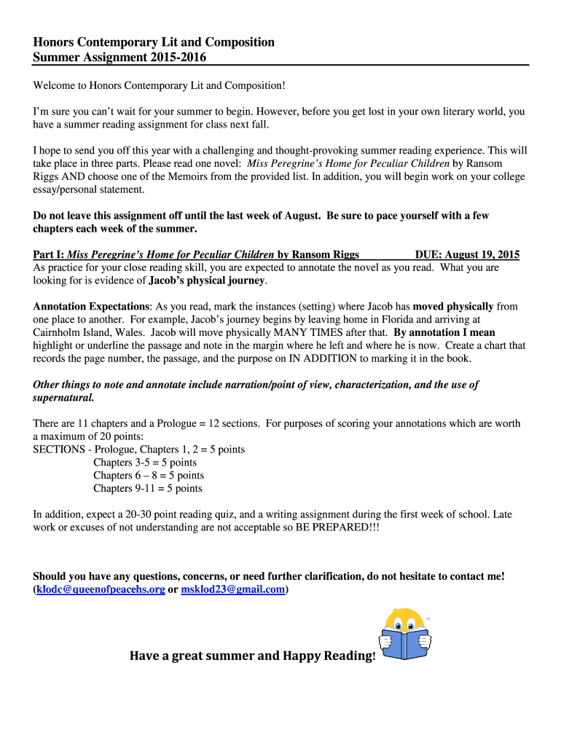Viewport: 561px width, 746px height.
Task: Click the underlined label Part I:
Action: point(49,254)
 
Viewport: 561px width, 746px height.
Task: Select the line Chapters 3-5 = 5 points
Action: point(145,462)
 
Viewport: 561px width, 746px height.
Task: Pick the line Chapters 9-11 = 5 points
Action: point(148,488)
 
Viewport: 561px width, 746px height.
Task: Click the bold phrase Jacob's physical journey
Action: point(208,280)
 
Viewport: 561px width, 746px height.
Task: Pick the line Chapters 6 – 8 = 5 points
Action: point(149,475)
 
